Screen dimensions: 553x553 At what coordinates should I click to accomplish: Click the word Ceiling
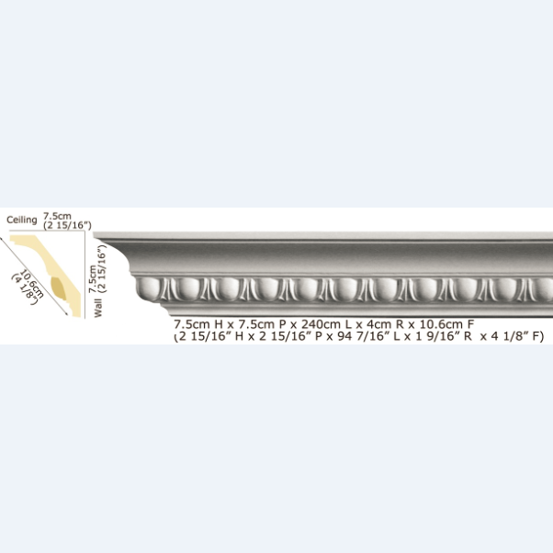[x=22, y=220]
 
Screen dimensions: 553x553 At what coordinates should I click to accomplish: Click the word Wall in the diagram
[x=97, y=308]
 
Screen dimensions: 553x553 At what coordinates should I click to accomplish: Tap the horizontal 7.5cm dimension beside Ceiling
[x=57, y=216]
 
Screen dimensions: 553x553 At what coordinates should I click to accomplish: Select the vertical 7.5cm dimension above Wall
[x=93, y=279]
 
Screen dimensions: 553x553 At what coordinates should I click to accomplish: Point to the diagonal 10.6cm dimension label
[x=32, y=284]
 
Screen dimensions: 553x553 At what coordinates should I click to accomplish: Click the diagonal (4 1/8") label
[x=24, y=288]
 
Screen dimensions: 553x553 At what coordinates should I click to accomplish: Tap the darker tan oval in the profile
[x=59, y=288]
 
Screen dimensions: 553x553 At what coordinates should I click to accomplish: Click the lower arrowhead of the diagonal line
[x=66, y=313]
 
